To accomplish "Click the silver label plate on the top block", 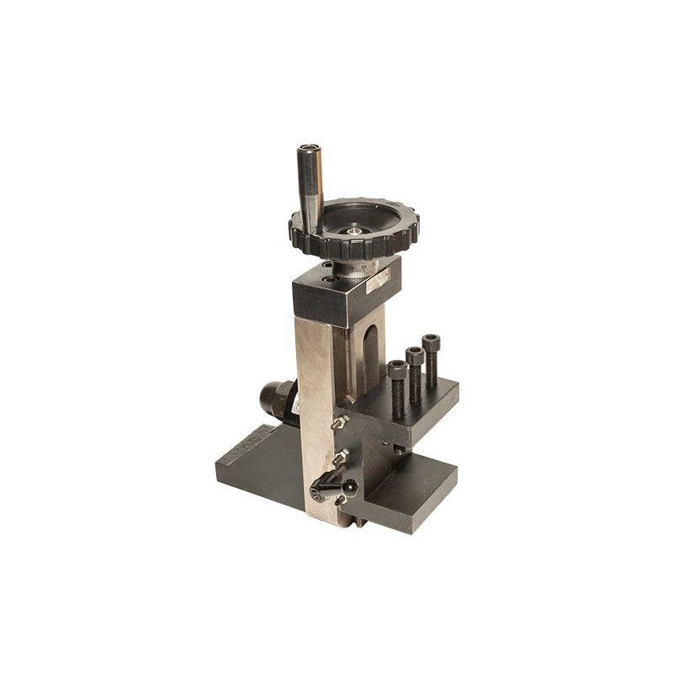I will [377, 279].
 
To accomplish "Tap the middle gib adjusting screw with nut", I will [340, 458].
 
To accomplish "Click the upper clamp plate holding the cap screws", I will [421, 404].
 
